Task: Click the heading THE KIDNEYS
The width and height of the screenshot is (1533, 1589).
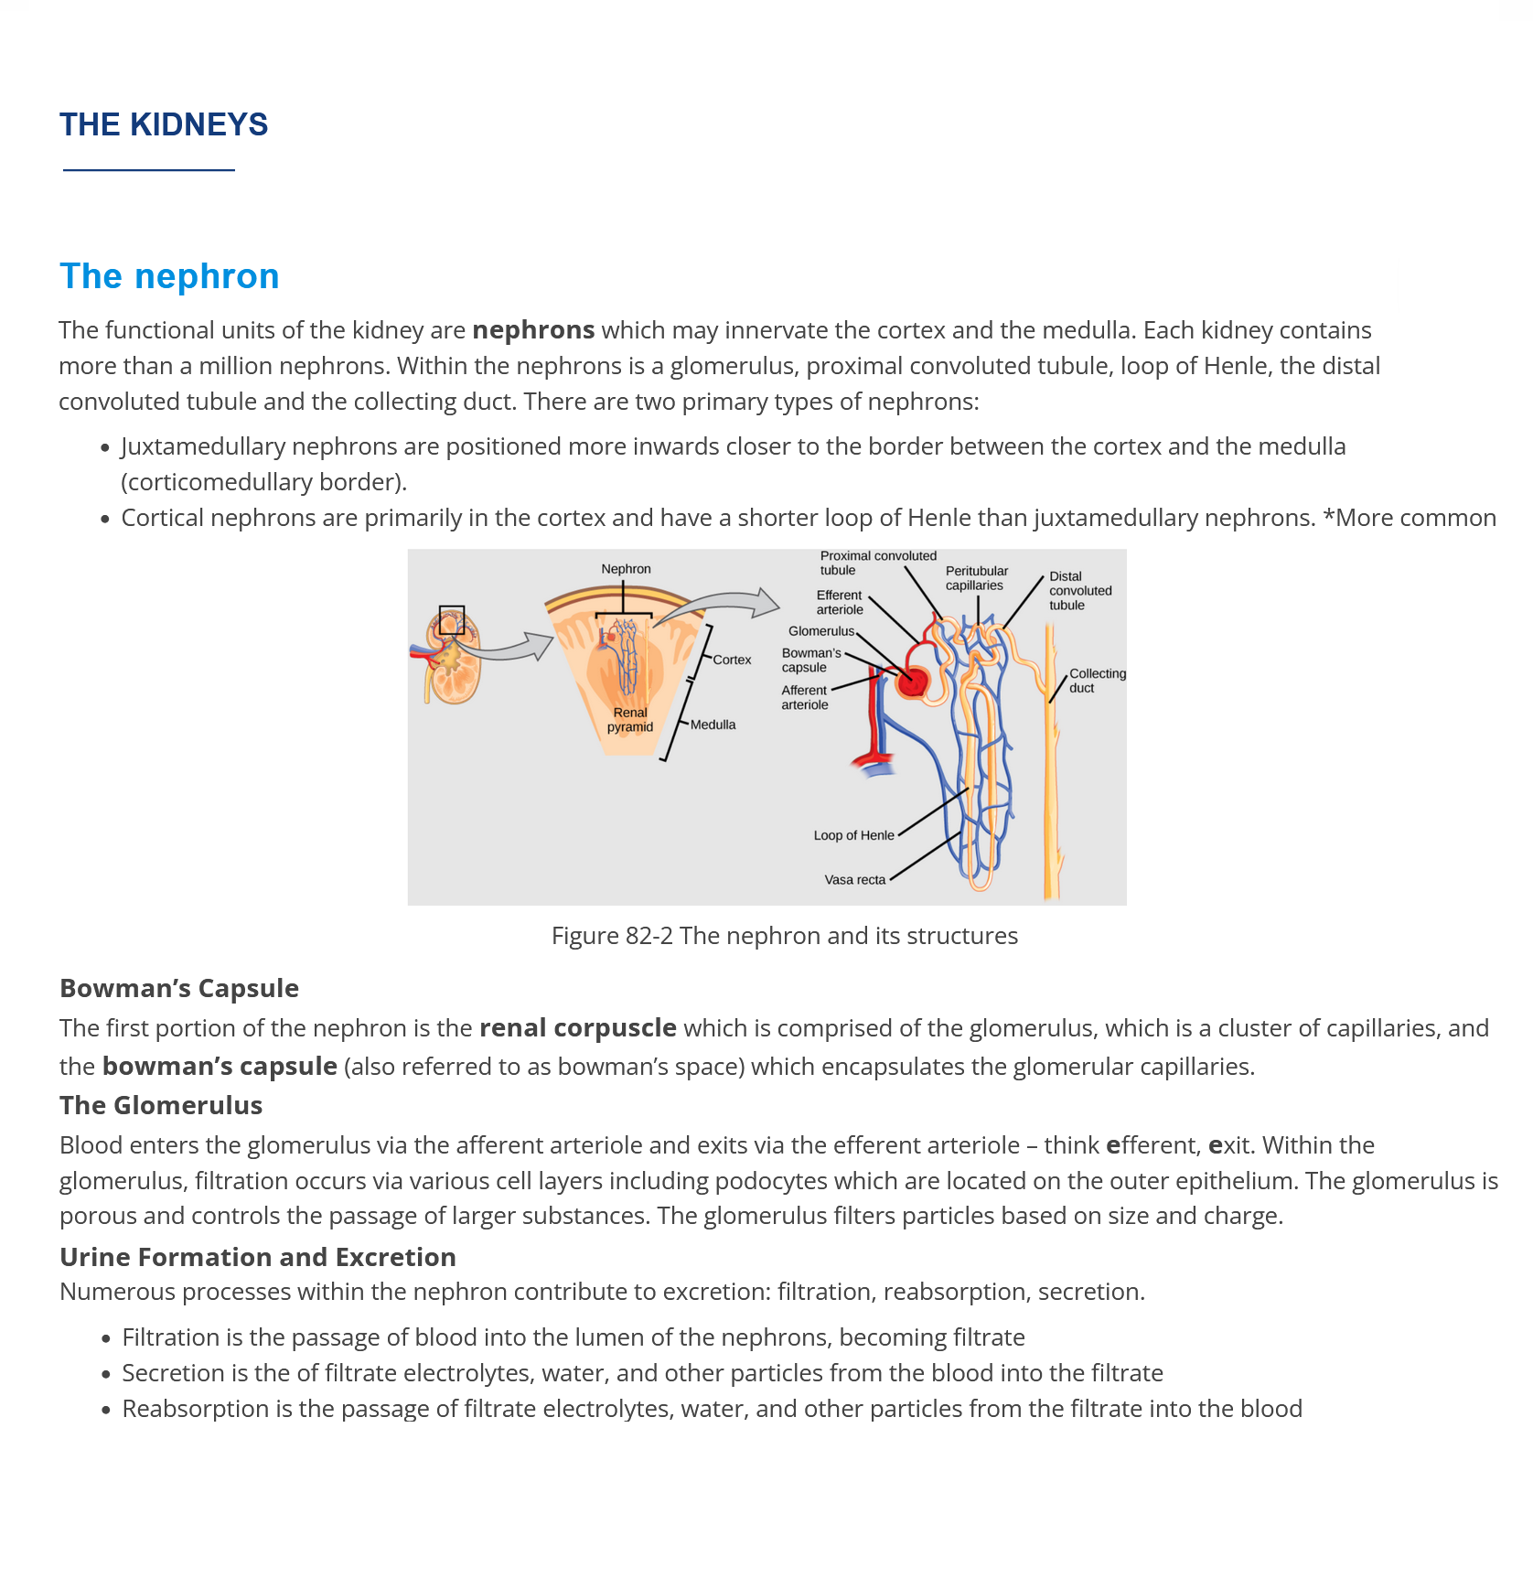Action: click(x=164, y=124)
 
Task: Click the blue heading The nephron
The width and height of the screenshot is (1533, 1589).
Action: click(x=169, y=276)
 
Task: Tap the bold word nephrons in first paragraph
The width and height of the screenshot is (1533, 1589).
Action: click(x=533, y=330)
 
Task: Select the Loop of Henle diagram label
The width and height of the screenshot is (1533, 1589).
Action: click(x=853, y=835)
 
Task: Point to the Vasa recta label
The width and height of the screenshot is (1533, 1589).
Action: click(x=854, y=880)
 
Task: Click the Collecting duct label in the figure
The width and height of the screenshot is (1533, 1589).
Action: click(x=1097, y=681)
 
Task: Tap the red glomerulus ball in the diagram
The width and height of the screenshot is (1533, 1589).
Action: click(x=913, y=681)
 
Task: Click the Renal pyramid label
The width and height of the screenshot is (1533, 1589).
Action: click(x=630, y=720)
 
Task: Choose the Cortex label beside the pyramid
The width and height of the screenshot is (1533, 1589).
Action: click(x=732, y=660)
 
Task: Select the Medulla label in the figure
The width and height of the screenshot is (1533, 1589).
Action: click(x=713, y=725)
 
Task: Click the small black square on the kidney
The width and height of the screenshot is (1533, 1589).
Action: click(x=452, y=620)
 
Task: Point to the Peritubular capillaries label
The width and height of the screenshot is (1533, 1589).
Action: click(x=976, y=578)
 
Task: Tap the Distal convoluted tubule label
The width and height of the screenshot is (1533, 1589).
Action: click(x=1079, y=591)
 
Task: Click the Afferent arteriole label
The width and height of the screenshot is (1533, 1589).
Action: click(x=804, y=697)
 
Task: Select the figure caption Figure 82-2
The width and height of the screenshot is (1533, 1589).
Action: click(x=784, y=936)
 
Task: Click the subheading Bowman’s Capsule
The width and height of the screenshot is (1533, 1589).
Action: click(x=179, y=989)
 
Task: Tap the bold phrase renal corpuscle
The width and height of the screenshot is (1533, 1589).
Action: click(x=578, y=1028)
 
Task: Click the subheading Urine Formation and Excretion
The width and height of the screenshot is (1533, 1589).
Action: click(x=258, y=1257)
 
